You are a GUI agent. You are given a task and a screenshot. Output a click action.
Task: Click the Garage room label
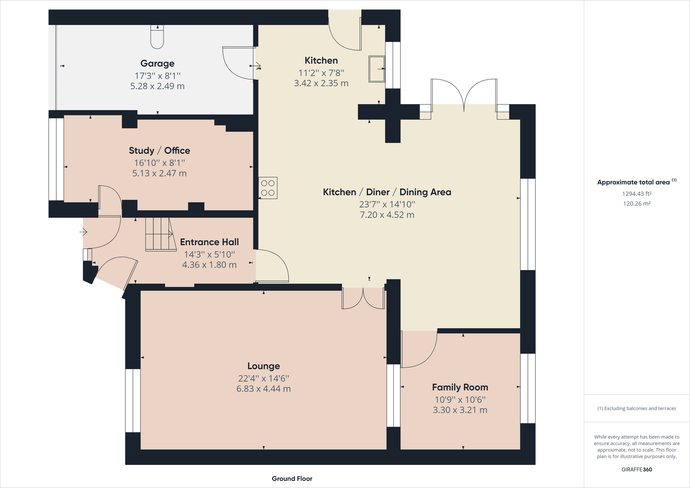pos(157,64)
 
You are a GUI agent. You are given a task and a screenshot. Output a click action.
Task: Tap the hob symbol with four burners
pos(268,188)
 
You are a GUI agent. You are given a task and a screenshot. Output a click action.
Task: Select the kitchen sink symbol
pos(377,69)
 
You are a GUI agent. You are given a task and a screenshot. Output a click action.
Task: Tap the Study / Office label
pos(159,150)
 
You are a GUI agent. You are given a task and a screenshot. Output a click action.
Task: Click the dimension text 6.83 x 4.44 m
pos(263,389)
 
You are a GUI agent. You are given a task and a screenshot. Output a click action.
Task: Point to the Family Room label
pos(460,387)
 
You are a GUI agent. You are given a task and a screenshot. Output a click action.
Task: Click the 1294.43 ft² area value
pos(637,194)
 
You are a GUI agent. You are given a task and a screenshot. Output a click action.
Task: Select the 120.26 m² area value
pos(637,204)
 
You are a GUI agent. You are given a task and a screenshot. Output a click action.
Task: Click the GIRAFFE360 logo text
pos(637,469)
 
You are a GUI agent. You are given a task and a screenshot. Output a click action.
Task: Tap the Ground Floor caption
pos(292,479)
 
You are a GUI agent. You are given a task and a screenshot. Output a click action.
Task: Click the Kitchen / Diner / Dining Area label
pos(387,192)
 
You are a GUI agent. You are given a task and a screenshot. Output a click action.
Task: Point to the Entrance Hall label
pos(209,242)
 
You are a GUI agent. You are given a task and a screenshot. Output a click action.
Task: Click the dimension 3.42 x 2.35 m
pos(321,83)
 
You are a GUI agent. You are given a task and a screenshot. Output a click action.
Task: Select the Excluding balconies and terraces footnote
pos(637,408)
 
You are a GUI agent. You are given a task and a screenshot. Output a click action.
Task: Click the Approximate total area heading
pos(633,182)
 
